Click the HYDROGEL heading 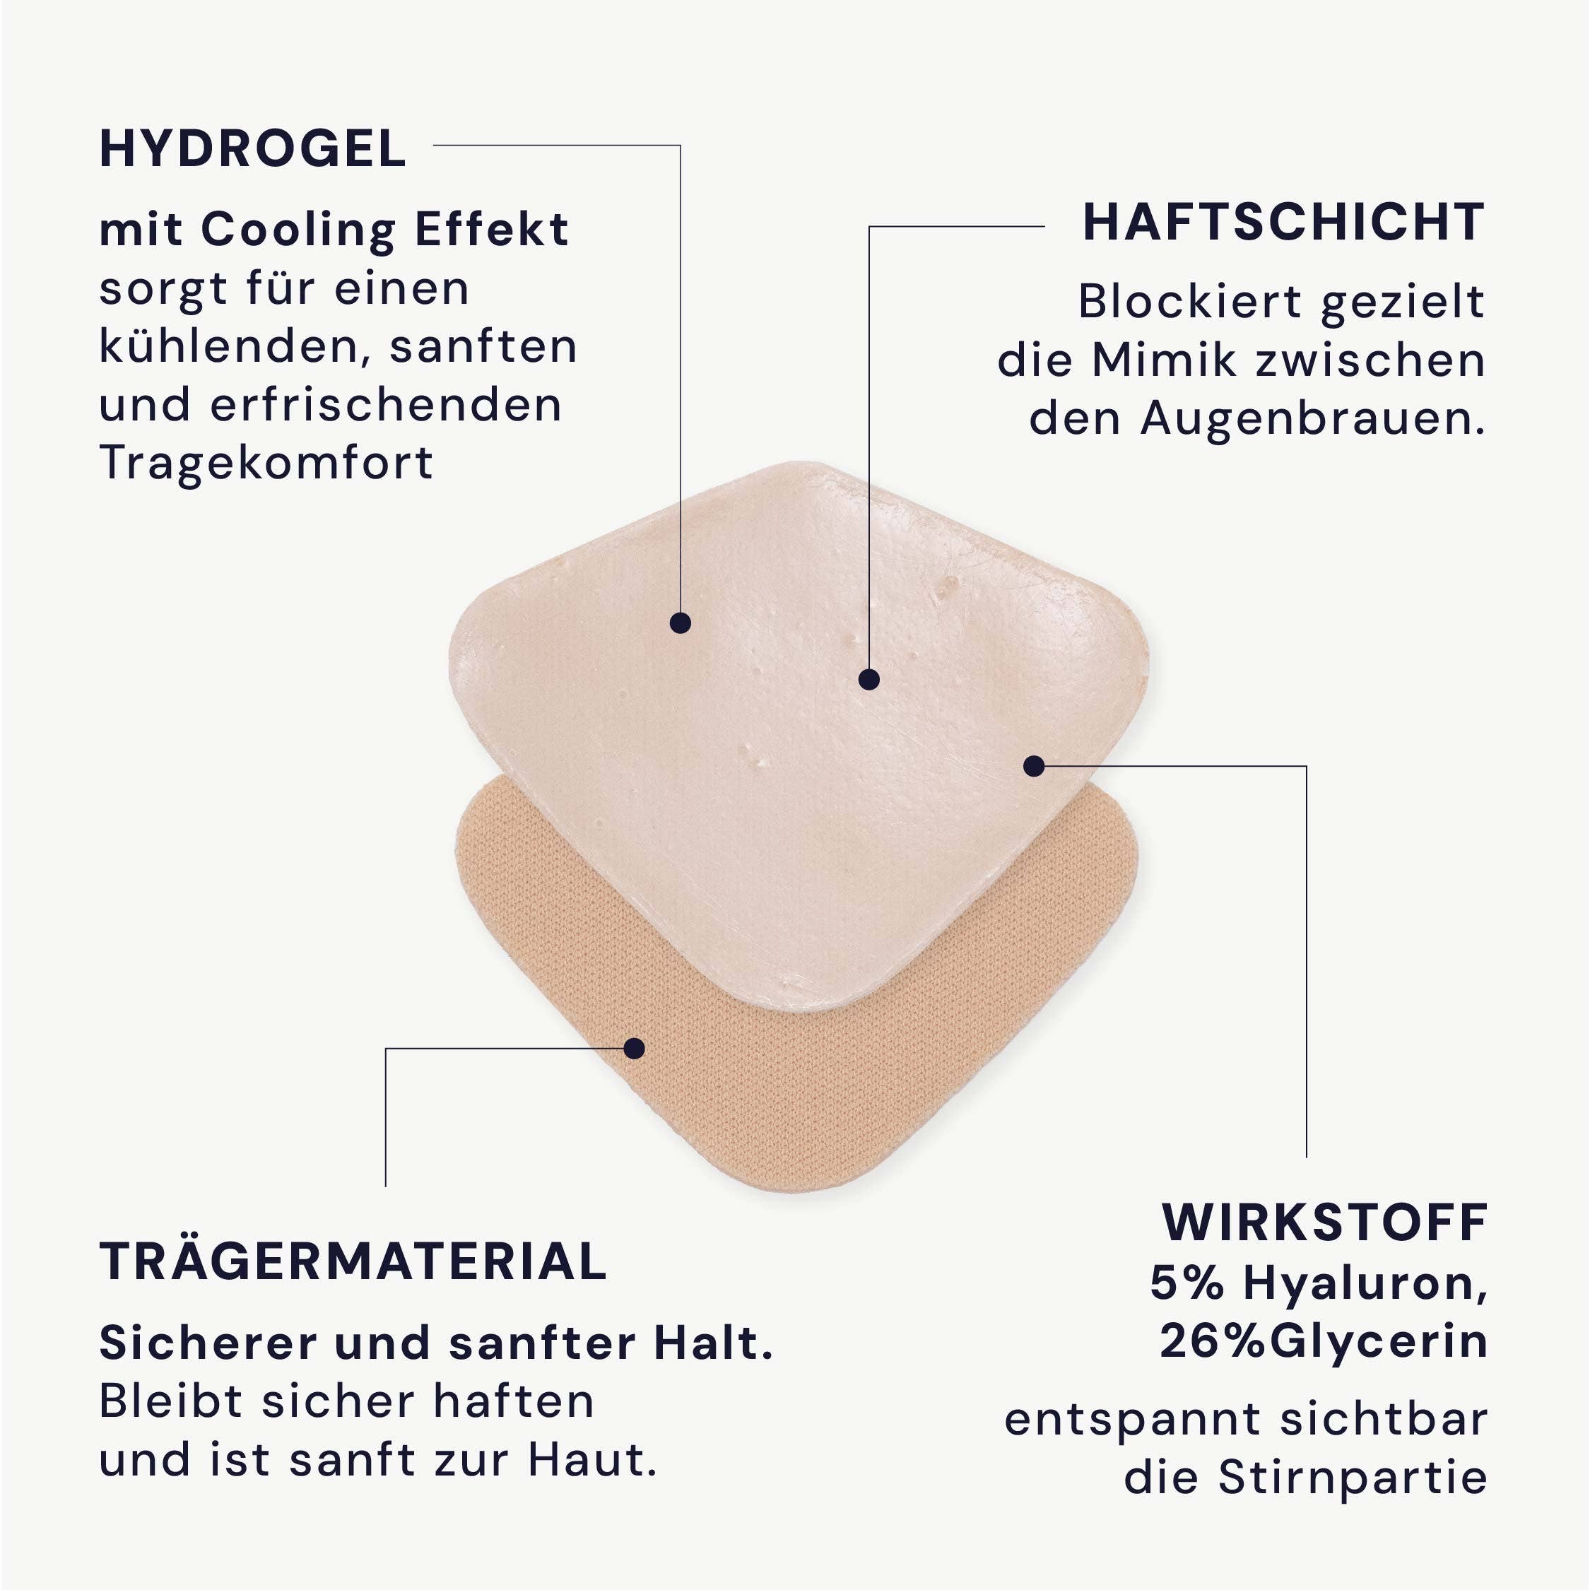pyautogui.click(x=253, y=149)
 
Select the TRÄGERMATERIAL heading pyautogui.click(x=353, y=1261)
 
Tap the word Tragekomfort pyautogui.click(x=266, y=463)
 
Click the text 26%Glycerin pyautogui.click(x=1324, y=1341)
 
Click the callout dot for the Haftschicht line pyautogui.click(x=869, y=680)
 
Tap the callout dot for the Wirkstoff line pyautogui.click(x=1034, y=766)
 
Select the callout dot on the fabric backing pyautogui.click(x=634, y=1049)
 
